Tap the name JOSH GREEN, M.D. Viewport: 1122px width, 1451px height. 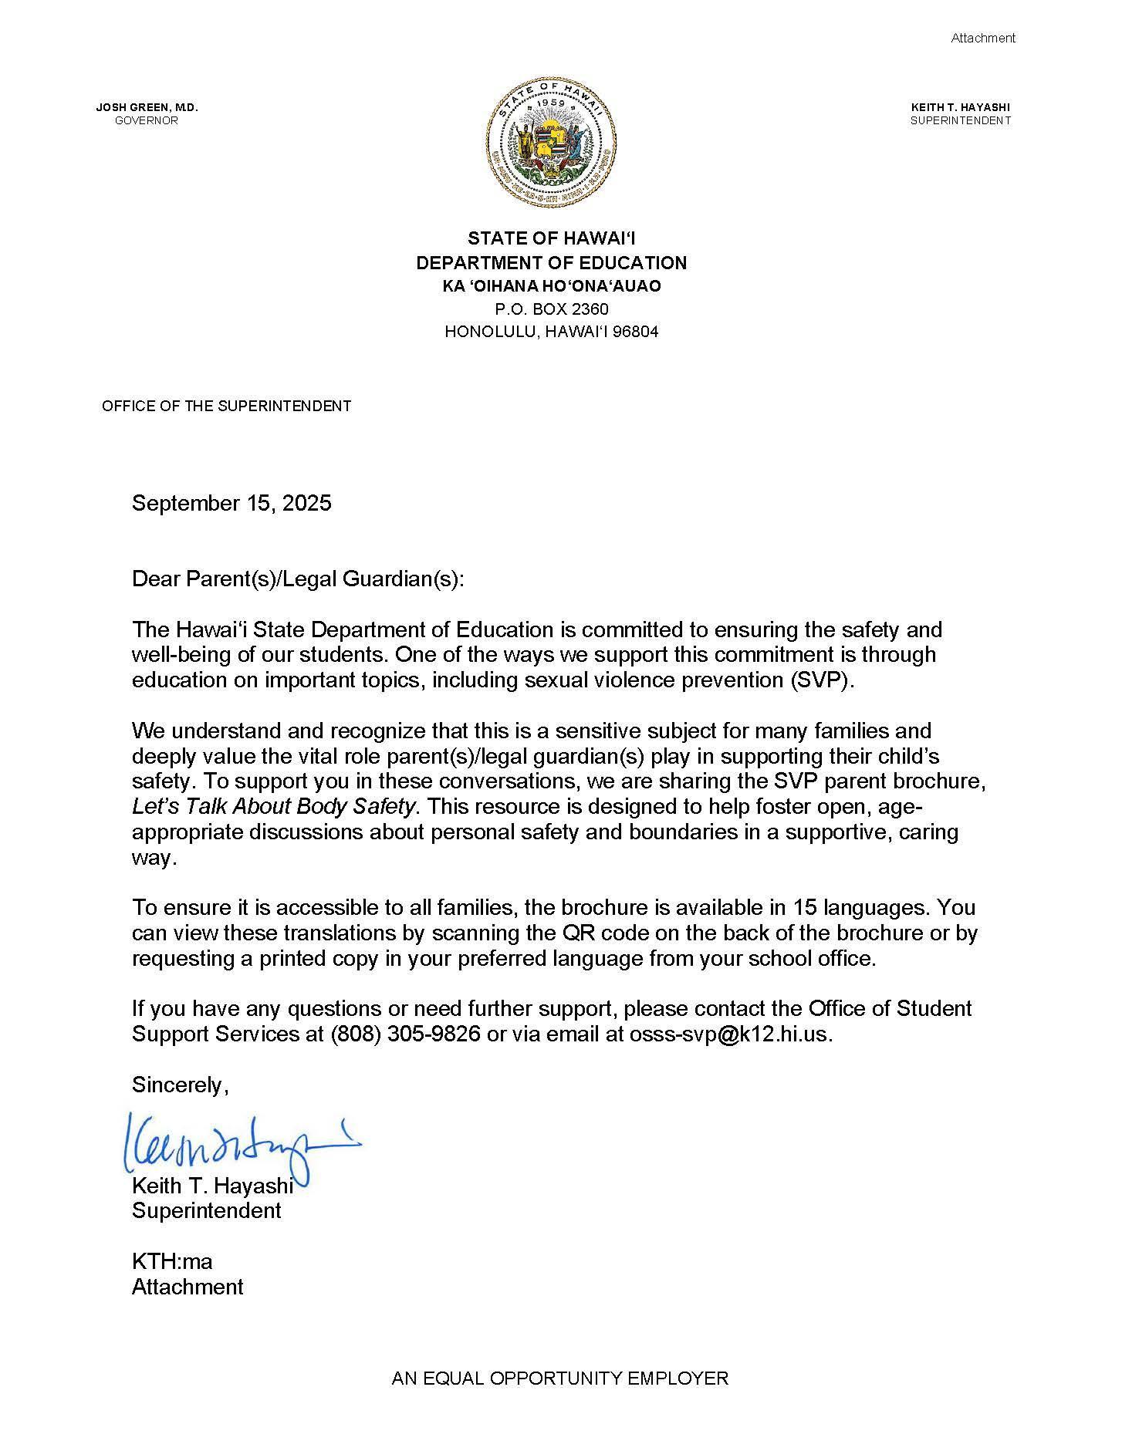point(147,107)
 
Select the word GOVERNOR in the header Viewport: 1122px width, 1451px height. point(147,120)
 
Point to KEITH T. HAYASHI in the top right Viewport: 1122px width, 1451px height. point(960,107)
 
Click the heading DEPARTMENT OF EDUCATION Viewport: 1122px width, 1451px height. point(551,263)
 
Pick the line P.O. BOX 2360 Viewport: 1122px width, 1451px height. point(551,309)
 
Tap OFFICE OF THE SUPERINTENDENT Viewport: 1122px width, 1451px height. point(226,406)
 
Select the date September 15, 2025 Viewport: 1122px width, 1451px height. point(231,504)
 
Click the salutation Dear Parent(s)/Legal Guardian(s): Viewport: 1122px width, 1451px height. point(299,579)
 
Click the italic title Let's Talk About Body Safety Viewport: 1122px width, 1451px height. point(274,807)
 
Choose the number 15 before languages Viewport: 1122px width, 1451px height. point(782,907)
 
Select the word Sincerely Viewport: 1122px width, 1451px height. point(178,1085)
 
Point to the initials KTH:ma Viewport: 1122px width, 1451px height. point(172,1261)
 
